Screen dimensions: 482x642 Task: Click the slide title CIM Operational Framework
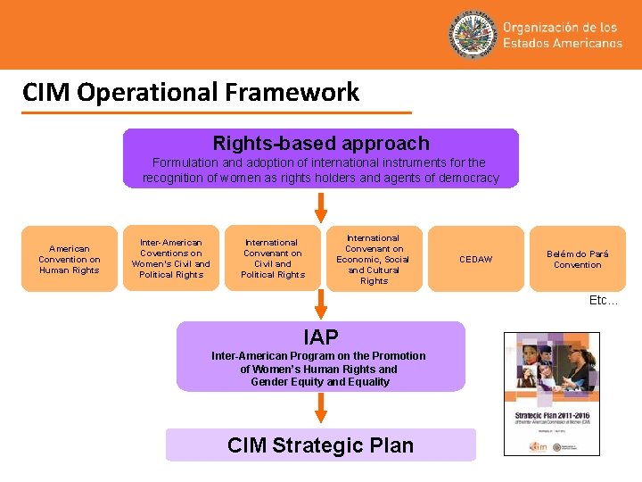tap(191, 92)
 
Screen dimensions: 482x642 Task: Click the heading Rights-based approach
tap(320, 143)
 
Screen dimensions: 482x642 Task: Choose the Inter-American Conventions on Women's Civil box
tap(171, 259)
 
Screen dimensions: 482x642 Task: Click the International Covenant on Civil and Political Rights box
tap(273, 259)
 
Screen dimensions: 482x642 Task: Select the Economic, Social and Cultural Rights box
tap(374, 259)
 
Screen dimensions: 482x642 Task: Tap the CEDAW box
tap(475, 259)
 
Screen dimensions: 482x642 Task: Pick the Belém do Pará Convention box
tap(577, 259)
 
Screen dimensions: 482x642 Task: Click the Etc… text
tap(603, 301)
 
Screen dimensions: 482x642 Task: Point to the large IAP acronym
tap(321, 337)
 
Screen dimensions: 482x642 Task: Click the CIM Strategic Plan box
tap(321, 445)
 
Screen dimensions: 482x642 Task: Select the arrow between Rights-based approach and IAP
tap(321, 207)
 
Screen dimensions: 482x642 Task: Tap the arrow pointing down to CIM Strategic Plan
tap(321, 410)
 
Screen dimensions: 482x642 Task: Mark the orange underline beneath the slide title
tap(218, 112)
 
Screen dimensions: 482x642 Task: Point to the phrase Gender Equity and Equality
tap(320, 382)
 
